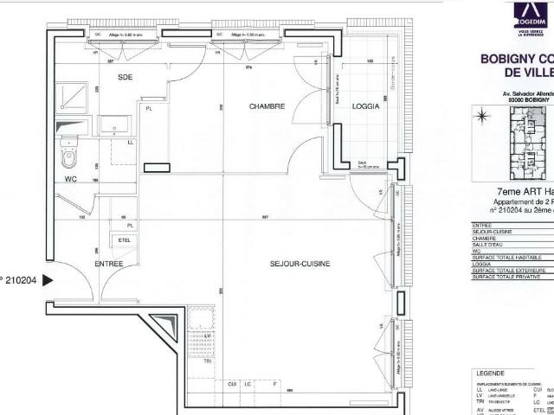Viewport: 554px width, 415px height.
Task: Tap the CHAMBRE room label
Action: point(267,106)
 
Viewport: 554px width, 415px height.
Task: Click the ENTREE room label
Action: point(109,263)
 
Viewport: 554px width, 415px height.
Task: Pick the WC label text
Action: point(73,180)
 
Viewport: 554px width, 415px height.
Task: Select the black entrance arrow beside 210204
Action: point(48,279)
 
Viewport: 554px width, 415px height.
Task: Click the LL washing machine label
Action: point(131,143)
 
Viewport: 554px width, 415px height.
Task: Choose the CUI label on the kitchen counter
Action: point(232,383)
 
